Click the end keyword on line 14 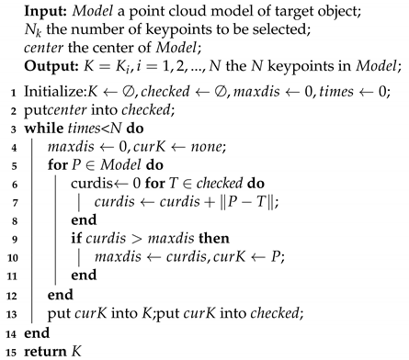click(x=33, y=332)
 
